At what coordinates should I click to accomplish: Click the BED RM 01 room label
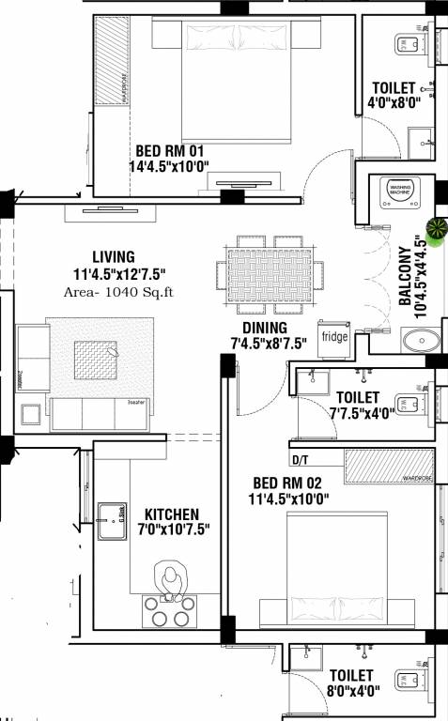click(x=170, y=150)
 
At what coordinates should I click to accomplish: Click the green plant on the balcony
click(x=437, y=228)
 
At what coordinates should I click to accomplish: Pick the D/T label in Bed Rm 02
click(x=301, y=461)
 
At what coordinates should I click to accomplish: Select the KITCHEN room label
click(x=171, y=514)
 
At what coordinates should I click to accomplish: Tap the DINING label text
click(x=258, y=327)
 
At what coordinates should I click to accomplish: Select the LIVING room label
click(x=114, y=256)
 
